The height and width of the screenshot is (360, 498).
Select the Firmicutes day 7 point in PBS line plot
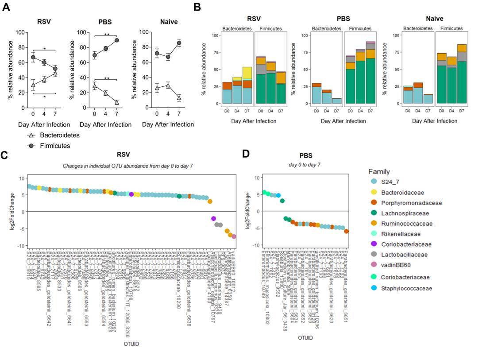point(116,40)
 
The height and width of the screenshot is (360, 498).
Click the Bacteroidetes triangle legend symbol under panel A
point(31,135)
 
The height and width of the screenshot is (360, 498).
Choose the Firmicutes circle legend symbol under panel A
point(31,145)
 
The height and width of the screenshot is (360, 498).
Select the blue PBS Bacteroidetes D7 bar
point(337,101)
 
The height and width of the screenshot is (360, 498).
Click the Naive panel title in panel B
point(434,19)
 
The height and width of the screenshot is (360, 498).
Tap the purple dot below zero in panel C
point(213,218)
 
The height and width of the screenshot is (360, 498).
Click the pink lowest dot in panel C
point(234,236)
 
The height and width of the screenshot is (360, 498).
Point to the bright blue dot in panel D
point(278,195)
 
